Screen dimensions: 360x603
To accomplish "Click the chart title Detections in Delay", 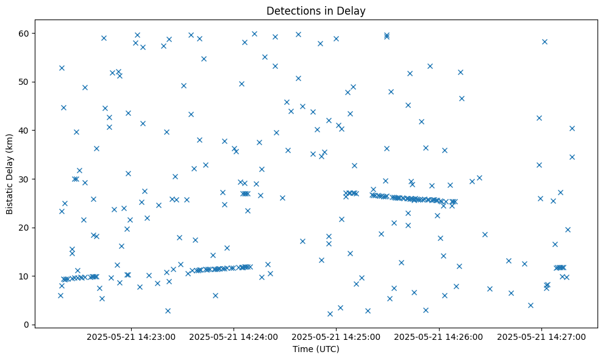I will tap(316, 10).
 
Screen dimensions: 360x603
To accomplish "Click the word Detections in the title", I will tap(291, 10).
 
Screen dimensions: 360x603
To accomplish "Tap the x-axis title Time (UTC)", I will tap(316, 349).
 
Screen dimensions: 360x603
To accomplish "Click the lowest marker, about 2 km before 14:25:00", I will tap(330, 314).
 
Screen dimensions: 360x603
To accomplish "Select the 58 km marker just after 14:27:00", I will tap(544, 41).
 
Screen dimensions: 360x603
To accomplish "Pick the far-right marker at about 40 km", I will tap(572, 128).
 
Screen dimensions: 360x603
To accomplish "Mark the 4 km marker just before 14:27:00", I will tap(530, 305).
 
